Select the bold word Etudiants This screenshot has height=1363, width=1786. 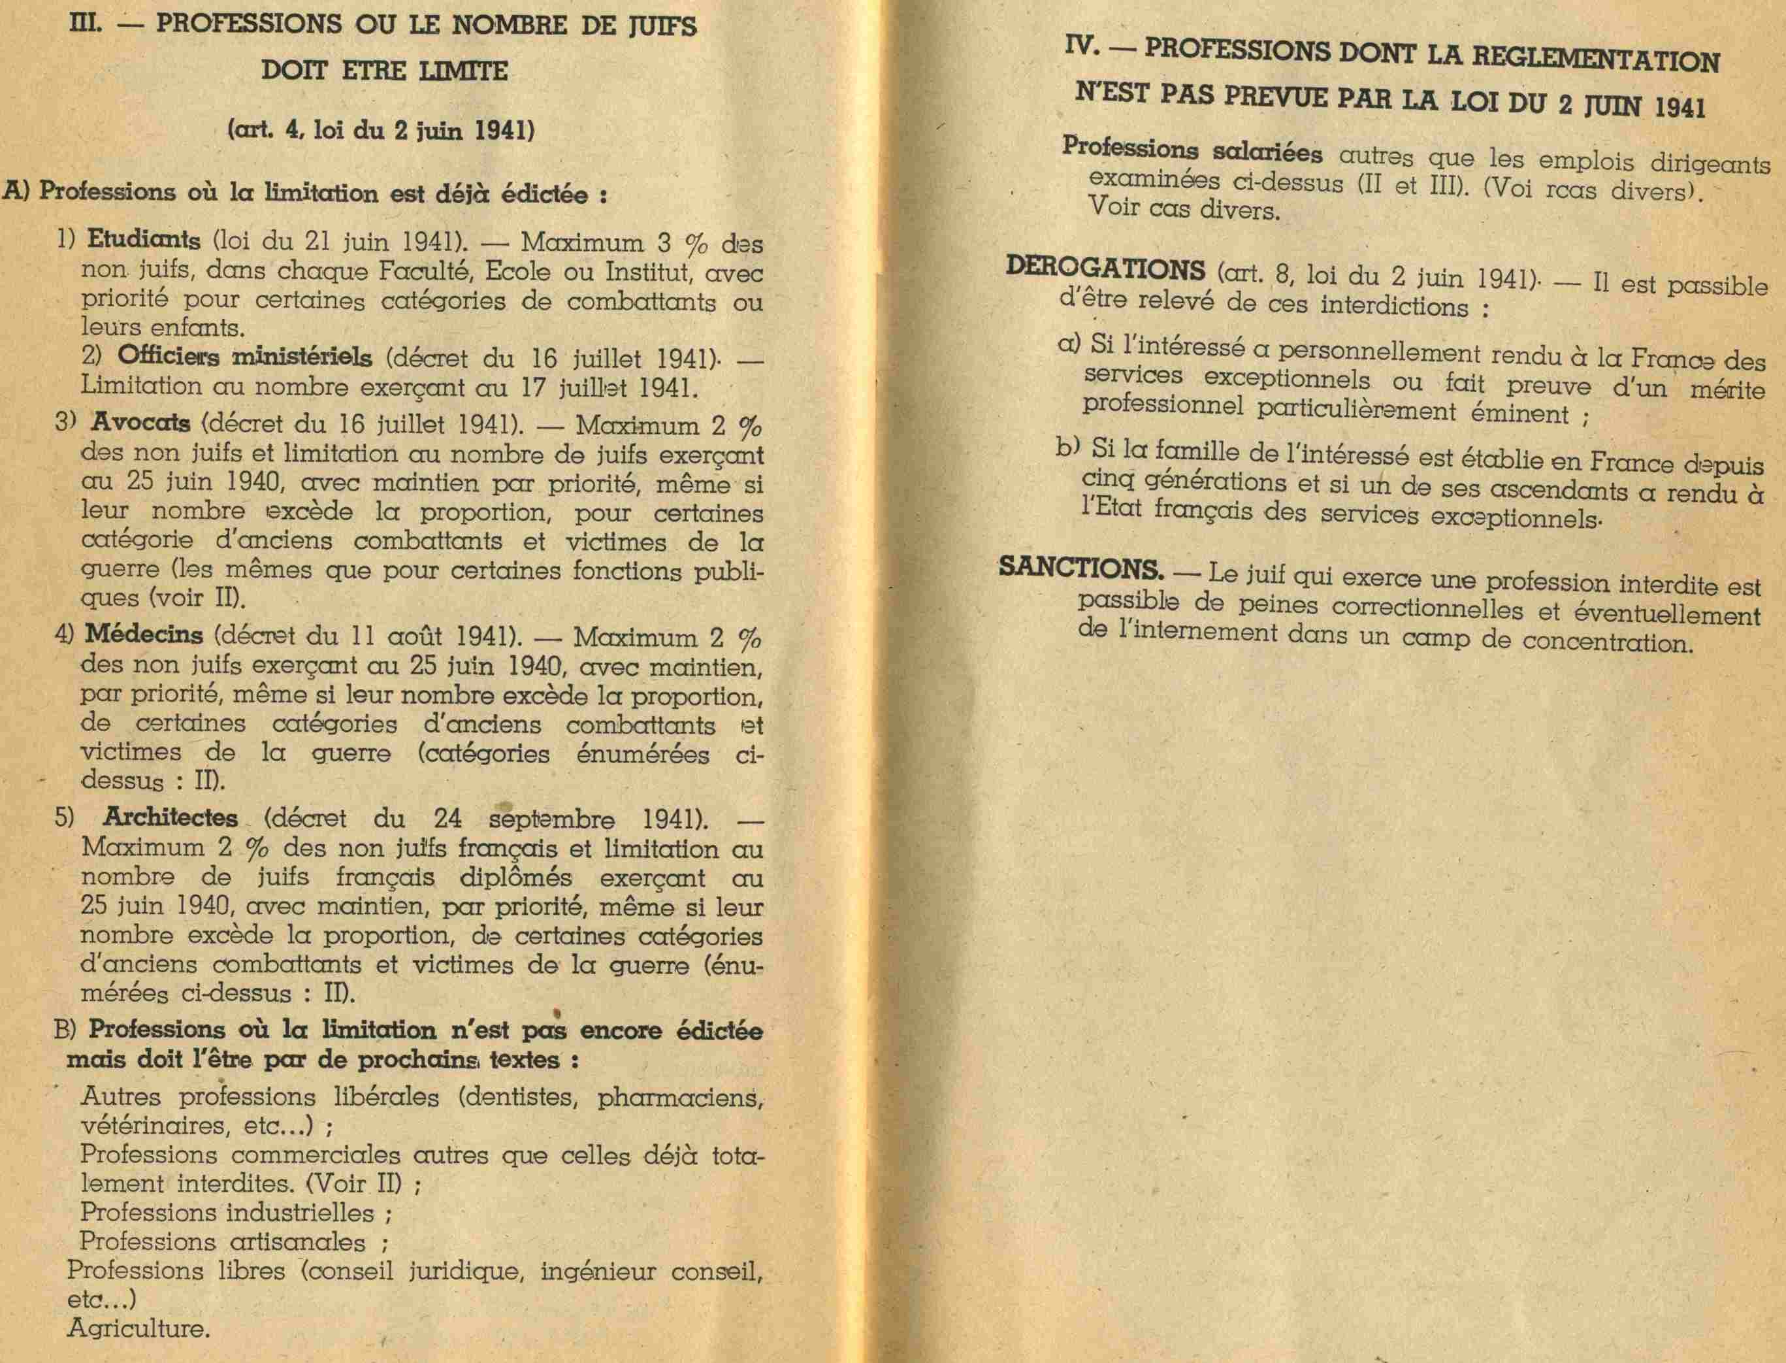tap(144, 241)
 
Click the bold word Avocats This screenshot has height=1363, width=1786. tap(141, 423)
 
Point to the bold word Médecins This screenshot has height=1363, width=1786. tap(144, 634)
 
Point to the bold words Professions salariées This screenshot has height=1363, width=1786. tap(1192, 151)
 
